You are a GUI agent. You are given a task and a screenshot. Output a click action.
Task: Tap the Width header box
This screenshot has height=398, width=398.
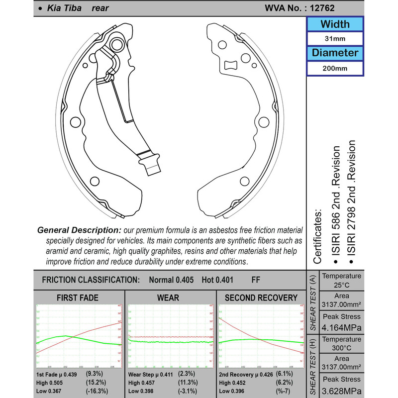click(334, 24)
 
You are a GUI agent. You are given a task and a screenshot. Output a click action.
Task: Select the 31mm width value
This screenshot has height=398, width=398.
click(334, 39)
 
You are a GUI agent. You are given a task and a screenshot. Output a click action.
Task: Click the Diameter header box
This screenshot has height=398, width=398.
click(334, 53)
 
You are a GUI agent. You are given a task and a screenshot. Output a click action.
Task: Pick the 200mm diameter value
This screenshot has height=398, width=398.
click(334, 68)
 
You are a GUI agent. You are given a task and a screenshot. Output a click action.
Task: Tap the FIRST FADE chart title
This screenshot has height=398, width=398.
click(79, 298)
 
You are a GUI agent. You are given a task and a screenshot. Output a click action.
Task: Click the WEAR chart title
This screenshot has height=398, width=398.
click(171, 298)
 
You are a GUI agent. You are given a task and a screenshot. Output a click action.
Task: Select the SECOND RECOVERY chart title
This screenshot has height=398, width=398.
click(261, 298)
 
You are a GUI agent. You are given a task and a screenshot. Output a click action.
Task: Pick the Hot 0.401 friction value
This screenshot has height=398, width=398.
click(217, 280)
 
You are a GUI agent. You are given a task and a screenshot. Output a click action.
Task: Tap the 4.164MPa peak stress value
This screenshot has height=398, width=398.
click(341, 328)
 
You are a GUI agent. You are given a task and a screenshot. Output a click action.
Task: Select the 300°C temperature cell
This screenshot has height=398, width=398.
click(341, 347)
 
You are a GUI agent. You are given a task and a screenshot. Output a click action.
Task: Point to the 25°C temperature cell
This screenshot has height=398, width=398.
click(341, 285)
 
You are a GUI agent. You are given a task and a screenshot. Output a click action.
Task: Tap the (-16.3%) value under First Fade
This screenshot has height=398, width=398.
click(99, 391)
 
